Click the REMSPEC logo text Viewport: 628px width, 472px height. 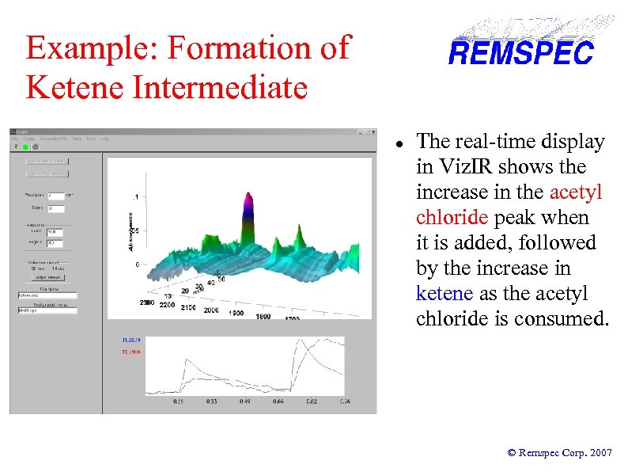click(x=520, y=53)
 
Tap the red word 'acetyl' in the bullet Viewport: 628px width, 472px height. click(x=576, y=192)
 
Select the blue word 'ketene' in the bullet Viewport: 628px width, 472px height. click(x=444, y=293)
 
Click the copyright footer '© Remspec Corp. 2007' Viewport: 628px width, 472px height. click(x=559, y=452)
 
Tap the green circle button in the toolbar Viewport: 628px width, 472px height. click(x=26, y=147)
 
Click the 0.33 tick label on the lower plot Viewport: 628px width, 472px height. click(x=212, y=402)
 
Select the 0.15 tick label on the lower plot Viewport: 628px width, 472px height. click(x=180, y=402)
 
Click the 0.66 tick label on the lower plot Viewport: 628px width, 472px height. click(x=278, y=402)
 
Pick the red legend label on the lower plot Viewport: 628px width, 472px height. click(x=131, y=352)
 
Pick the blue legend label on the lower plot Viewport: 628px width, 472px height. click(x=131, y=341)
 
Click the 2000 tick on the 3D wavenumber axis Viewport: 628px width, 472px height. click(x=210, y=310)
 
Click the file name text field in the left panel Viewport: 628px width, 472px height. click(x=47, y=295)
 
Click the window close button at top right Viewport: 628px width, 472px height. click(x=370, y=132)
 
